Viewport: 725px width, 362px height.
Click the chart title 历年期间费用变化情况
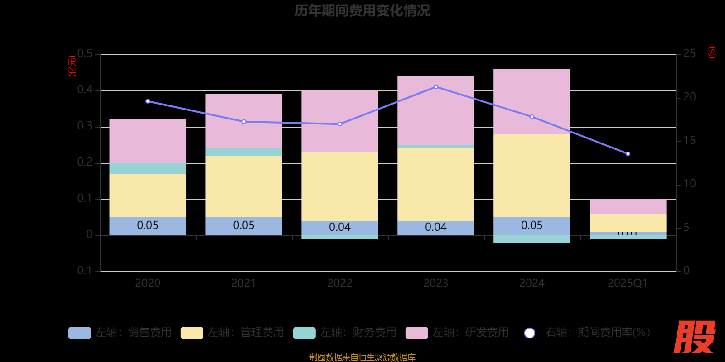(362, 10)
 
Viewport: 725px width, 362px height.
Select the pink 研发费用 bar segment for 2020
(148, 141)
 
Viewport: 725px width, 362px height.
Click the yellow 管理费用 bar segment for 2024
(532, 175)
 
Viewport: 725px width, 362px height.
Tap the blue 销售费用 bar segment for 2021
(244, 226)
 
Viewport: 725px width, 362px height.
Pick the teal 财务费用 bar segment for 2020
(148, 168)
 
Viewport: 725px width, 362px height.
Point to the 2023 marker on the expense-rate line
(436, 87)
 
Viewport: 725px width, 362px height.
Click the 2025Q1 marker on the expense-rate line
(628, 154)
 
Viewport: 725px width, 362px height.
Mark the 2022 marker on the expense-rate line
(340, 124)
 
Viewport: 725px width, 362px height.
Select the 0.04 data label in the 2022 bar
(340, 227)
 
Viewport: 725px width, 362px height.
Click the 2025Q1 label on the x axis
(628, 283)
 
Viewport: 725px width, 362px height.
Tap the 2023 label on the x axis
(436, 283)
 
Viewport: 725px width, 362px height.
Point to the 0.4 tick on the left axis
(85, 90)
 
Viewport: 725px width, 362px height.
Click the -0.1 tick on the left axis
(83, 271)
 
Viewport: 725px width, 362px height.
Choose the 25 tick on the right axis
(689, 54)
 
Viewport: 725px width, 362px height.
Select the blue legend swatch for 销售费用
(79, 333)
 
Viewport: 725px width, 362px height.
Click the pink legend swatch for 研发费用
(416, 333)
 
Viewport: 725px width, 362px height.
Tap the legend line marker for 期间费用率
(529, 333)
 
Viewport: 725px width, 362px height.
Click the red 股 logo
(694, 337)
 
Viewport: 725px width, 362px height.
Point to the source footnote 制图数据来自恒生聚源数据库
(362, 357)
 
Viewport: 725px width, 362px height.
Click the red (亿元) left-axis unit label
(72, 67)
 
